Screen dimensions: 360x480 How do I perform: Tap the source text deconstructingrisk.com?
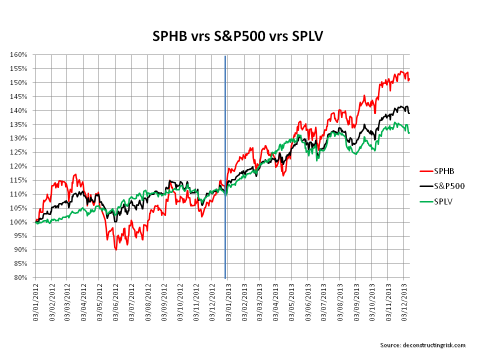(422, 345)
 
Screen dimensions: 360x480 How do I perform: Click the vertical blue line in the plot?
(225, 150)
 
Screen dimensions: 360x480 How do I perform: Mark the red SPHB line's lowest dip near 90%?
(116, 248)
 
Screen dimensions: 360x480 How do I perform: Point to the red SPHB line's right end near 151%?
(409, 79)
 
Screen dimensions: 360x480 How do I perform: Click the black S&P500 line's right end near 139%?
(409, 113)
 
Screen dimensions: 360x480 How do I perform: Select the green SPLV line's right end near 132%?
(409, 132)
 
